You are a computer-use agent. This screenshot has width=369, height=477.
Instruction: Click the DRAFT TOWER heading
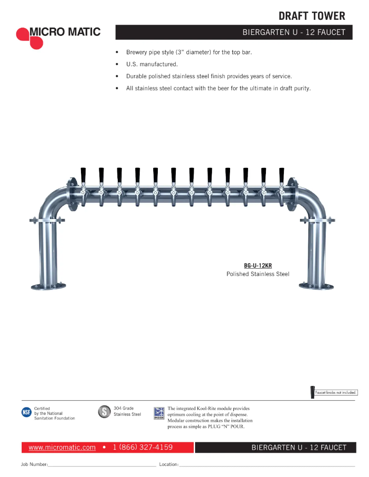(x=311, y=16)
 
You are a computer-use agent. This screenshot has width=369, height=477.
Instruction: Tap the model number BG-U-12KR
(x=258, y=266)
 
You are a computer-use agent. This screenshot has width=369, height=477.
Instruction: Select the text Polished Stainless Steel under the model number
(x=258, y=274)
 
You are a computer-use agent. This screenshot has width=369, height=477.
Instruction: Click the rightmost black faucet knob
(x=282, y=175)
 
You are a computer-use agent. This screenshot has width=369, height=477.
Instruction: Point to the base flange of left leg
(x=48, y=286)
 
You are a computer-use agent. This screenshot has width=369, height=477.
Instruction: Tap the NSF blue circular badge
(x=27, y=413)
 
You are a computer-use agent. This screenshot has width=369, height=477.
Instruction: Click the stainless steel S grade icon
(x=104, y=412)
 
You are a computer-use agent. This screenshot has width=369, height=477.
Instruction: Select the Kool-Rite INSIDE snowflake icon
(x=159, y=413)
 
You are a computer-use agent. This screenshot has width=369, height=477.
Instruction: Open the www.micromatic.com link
(x=62, y=447)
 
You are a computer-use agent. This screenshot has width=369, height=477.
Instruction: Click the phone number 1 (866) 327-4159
(x=143, y=447)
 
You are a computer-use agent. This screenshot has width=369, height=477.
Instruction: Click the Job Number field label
(x=34, y=465)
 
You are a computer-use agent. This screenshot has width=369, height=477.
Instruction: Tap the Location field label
(x=168, y=465)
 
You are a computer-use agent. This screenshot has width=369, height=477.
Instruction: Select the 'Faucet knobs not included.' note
(x=336, y=392)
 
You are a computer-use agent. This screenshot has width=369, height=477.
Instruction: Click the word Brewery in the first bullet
(x=137, y=52)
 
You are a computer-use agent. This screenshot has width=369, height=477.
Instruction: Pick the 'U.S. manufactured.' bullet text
(x=152, y=64)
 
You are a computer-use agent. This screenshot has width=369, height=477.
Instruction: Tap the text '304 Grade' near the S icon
(x=124, y=408)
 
